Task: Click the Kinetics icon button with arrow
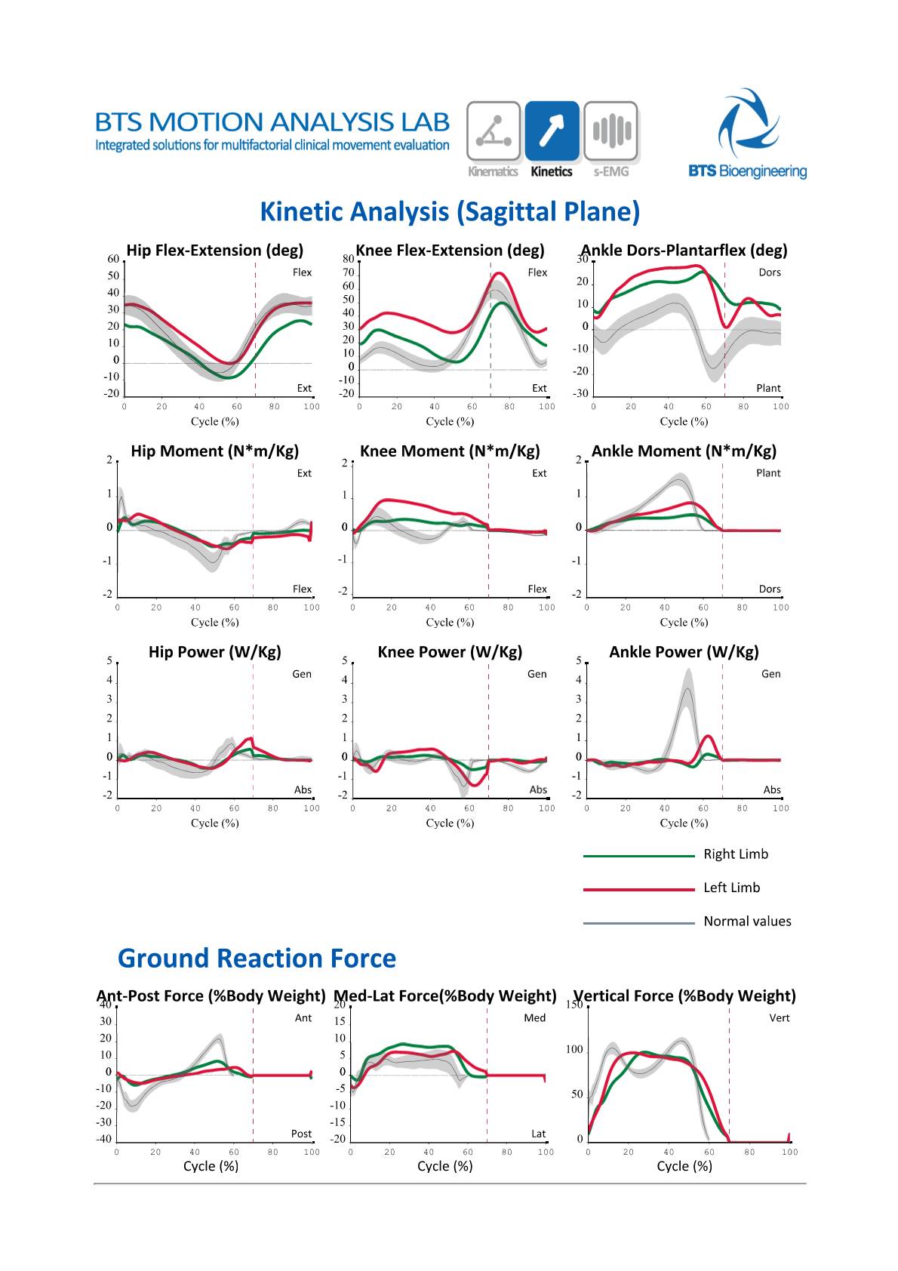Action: (552, 131)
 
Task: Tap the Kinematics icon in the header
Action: (494, 131)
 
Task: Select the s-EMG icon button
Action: (610, 131)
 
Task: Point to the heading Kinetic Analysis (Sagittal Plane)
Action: (450, 212)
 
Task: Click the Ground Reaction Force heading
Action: (257, 959)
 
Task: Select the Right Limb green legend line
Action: (638, 856)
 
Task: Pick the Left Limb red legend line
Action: (638, 889)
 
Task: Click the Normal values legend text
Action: (747, 922)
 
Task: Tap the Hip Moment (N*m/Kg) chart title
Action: (215, 451)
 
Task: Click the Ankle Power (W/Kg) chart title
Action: (684, 652)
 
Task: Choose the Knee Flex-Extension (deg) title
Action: (450, 251)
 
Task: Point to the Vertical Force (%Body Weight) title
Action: (684, 996)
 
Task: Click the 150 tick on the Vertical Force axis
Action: (574, 1005)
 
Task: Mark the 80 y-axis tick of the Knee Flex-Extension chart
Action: (348, 259)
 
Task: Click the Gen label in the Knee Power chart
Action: (537, 674)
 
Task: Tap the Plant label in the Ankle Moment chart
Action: (768, 473)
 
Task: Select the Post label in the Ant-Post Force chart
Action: (301, 1134)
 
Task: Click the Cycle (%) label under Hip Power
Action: (215, 823)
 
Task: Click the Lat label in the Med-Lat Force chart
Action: (538, 1134)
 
